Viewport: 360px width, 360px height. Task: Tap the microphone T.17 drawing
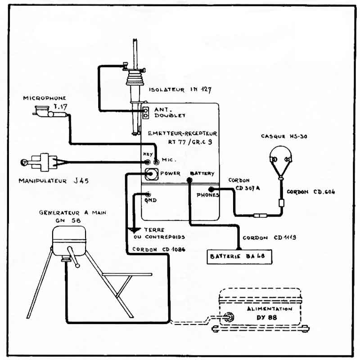[45, 112]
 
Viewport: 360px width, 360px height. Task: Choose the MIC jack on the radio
[156, 161]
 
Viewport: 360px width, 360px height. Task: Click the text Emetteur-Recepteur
[182, 134]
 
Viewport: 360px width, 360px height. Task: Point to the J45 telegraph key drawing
[43, 162]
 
